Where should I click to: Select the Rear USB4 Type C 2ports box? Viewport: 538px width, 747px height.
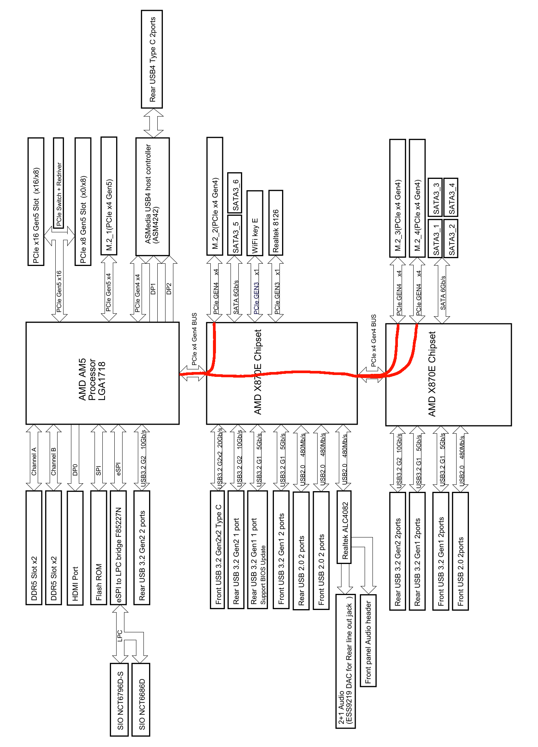point(152,59)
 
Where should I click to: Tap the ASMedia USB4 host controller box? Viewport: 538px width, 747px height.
point(152,196)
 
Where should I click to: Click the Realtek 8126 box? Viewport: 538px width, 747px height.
point(275,223)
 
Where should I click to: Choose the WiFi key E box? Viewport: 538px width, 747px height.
point(254,223)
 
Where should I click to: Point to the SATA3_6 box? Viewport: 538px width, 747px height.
point(235,193)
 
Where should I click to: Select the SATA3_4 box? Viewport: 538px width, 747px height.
point(451,197)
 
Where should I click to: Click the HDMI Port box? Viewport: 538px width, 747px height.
point(75,548)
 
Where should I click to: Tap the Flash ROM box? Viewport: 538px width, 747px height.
point(98,548)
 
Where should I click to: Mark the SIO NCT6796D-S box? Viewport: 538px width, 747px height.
point(119,700)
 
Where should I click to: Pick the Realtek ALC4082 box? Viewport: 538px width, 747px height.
point(344,527)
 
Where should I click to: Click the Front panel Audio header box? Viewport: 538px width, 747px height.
point(368,640)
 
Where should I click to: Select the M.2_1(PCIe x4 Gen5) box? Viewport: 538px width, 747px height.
point(109,196)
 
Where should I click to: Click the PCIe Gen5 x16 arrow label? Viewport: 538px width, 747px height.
point(59,291)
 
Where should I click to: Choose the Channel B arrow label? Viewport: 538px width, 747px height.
point(53,461)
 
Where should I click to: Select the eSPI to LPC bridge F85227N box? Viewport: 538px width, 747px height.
point(118,548)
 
